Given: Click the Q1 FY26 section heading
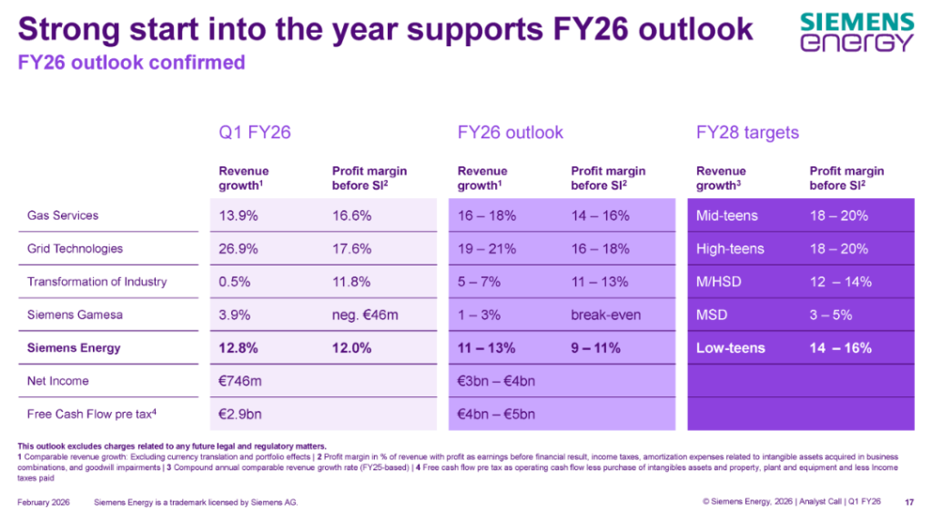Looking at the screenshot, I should tap(254, 133).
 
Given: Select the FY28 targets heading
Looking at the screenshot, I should tap(747, 133).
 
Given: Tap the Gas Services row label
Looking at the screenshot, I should tap(63, 215).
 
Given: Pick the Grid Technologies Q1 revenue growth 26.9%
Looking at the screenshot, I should tap(240, 249).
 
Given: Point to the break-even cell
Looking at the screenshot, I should tap(605, 315).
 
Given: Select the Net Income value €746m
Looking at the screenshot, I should tap(242, 381).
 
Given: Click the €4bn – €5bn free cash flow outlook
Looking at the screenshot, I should tap(496, 415).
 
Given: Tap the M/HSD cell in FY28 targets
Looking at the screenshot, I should tap(719, 282).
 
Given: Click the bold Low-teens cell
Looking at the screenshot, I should tap(730, 348).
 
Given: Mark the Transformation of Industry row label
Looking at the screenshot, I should tap(97, 282).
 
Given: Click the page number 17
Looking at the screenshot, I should tap(909, 502).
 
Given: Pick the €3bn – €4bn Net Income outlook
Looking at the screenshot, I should tap(496, 381).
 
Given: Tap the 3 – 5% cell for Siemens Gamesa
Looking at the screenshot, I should tap(829, 315).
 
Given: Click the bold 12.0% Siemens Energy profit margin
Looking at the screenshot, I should tap(351, 348).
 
